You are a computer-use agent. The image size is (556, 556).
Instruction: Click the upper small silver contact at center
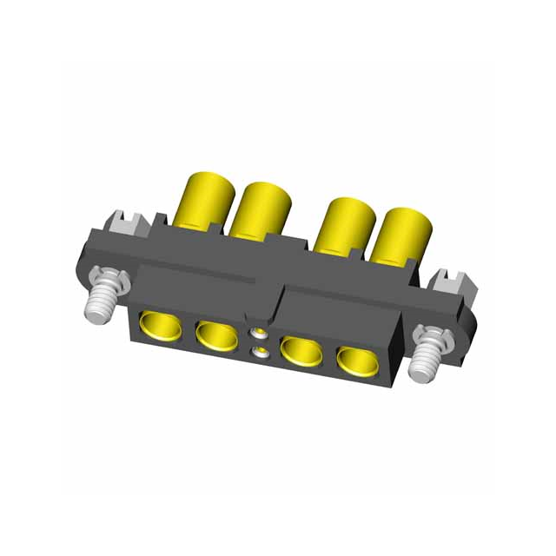258,334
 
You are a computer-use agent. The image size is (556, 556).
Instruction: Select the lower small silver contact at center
258,352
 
